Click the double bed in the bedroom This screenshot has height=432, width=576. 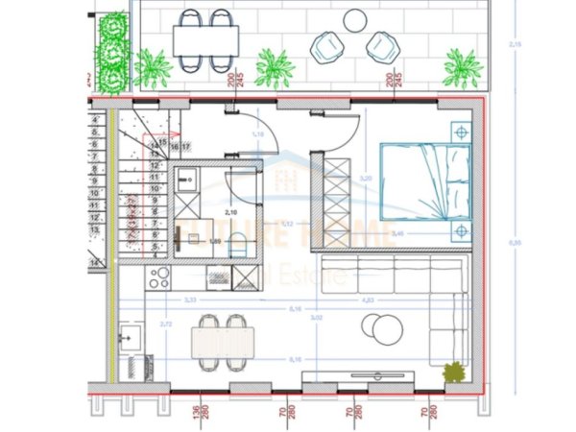coord(425,180)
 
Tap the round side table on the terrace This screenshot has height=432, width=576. coord(354,18)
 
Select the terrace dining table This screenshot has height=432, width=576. coord(205,39)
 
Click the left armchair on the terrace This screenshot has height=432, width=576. coord(326,46)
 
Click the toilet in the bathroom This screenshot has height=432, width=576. coord(239,247)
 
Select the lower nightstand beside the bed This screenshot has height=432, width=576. coord(462,230)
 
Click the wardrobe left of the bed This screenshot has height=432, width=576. coord(338,185)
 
